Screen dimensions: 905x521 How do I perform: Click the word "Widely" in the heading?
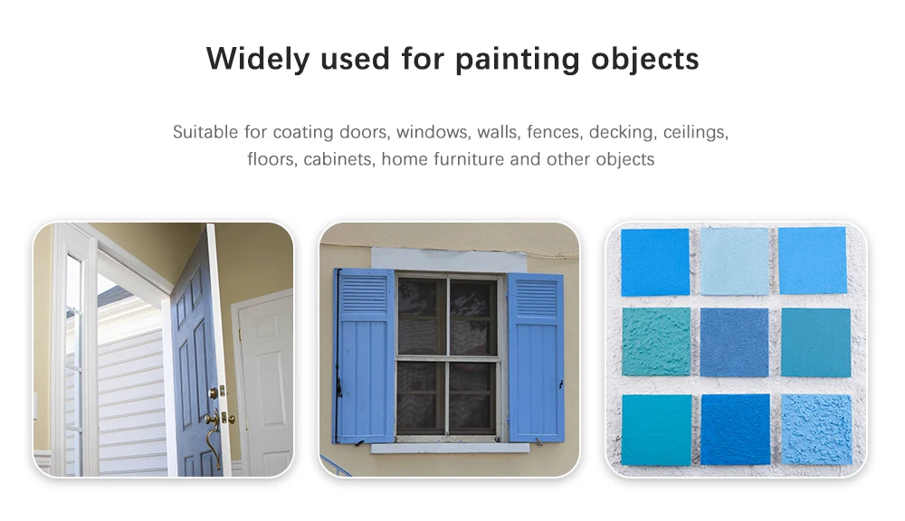pos(258,59)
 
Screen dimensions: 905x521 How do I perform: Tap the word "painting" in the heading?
pos(517,60)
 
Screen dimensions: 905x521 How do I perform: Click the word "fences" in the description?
pos(555,132)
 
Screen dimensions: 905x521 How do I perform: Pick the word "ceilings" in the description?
pos(695,132)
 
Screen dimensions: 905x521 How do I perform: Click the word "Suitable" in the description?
pos(205,132)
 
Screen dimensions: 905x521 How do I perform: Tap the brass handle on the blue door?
pos(213,430)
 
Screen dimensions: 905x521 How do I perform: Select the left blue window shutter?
pos(364,355)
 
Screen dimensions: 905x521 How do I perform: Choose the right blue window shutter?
pos(535,357)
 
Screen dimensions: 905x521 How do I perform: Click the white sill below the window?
pos(450,448)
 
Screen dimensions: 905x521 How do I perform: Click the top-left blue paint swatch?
pos(655,262)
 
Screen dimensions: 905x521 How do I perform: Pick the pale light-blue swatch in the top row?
pos(735,261)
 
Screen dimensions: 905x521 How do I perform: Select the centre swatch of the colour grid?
pos(734,342)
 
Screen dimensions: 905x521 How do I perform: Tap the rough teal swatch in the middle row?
pos(656,342)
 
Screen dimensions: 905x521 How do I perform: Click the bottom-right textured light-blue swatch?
pos(816,430)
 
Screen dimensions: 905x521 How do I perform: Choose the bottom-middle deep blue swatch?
pos(735,430)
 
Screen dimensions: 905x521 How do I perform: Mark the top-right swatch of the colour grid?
pos(812,260)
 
